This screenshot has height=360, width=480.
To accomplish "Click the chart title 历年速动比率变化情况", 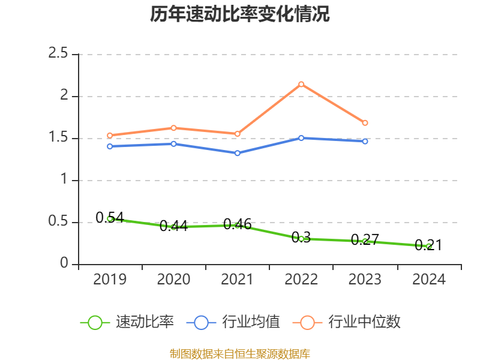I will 240,14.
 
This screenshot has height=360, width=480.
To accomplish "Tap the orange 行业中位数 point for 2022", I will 301,84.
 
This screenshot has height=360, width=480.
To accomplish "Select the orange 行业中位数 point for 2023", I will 365,123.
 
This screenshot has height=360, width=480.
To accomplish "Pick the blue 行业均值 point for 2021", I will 238,153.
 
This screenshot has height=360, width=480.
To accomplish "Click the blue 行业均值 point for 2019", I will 110,146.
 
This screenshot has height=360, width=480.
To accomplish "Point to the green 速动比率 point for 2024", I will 428,246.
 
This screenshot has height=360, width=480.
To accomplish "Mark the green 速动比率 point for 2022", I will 301,239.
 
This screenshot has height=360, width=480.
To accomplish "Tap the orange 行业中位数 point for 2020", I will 173,128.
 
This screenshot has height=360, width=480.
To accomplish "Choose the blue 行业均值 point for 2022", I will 301,138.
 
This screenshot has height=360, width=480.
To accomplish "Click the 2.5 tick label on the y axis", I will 59,54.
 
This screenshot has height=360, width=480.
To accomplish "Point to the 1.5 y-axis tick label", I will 59,138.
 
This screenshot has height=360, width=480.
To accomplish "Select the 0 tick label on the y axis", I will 65,264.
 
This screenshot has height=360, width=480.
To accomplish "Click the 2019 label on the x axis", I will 110,280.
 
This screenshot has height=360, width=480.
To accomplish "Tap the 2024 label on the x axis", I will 428,280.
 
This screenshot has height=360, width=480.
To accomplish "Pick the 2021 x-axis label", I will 238,280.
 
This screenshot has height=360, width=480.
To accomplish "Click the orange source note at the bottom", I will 240,354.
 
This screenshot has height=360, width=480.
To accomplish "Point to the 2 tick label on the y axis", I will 65,96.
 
